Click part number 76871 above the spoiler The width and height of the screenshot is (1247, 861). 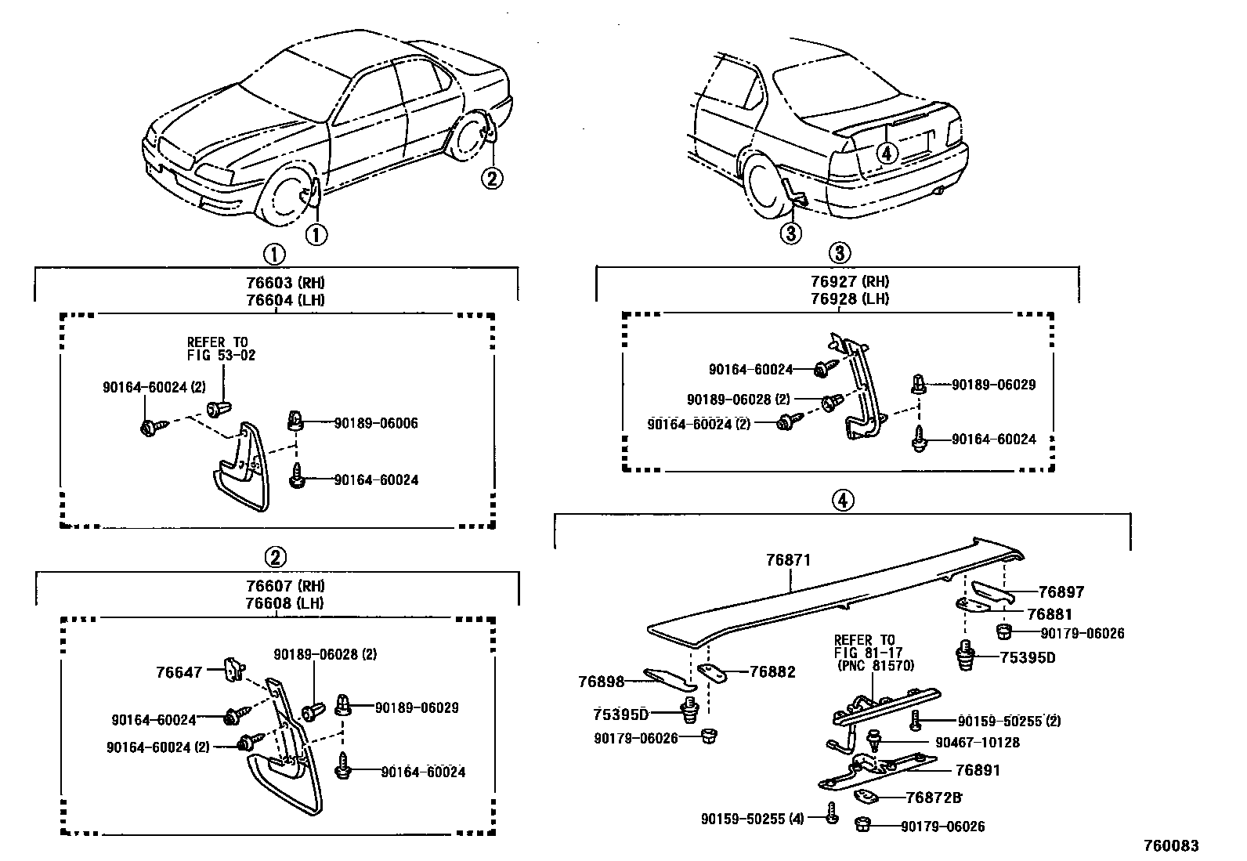[x=788, y=560]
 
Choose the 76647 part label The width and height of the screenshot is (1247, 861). [x=179, y=672]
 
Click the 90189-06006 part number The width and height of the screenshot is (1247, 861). [x=376, y=424]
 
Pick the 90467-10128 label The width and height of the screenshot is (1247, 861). [x=978, y=743]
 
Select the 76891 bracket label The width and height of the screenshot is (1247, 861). [x=979, y=770]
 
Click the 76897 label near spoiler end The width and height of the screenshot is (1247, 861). [x=1061, y=593]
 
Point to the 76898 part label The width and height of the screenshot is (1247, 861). [x=602, y=682]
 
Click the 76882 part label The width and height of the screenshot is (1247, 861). [x=772, y=672]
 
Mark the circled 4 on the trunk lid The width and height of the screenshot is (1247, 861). [x=887, y=154]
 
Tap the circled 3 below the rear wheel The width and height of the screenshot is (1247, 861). [x=790, y=233]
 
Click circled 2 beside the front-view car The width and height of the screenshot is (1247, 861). [x=490, y=179]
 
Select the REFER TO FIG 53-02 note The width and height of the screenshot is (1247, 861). [x=221, y=349]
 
